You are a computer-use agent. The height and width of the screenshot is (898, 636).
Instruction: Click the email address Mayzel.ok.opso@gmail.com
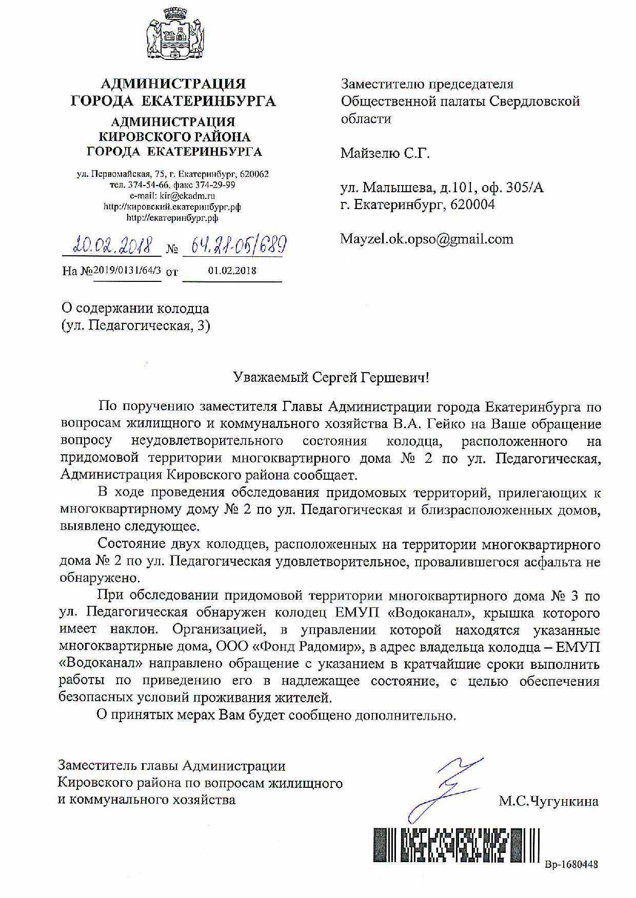click(x=427, y=239)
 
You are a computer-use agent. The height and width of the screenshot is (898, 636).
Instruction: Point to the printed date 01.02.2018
click(x=232, y=270)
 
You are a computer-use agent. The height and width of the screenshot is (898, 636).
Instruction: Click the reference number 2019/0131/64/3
click(x=126, y=270)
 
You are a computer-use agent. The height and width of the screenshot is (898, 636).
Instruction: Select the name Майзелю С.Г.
click(x=385, y=153)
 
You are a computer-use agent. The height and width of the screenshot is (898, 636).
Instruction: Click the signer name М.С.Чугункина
click(x=548, y=801)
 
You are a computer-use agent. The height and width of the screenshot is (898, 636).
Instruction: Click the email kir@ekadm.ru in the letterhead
click(x=187, y=196)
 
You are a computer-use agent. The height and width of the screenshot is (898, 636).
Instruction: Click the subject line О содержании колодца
click(x=135, y=309)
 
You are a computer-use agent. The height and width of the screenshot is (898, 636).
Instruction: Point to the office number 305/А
click(x=524, y=188)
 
